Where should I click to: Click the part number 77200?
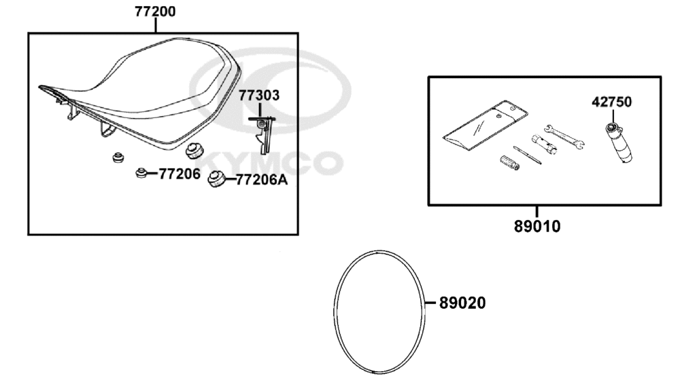coord(155,12)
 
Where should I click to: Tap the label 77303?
coord(259,95)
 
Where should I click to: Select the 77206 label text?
coord(180,174)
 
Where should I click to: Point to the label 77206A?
coord(262,180)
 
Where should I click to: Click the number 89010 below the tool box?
coord(537,226)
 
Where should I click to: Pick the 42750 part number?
coord(611,102)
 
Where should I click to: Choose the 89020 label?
coord(462,303)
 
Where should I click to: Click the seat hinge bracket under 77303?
coord(262,134)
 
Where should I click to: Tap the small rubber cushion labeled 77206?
coord(140,173)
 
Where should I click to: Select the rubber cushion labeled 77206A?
coord(216,179)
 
